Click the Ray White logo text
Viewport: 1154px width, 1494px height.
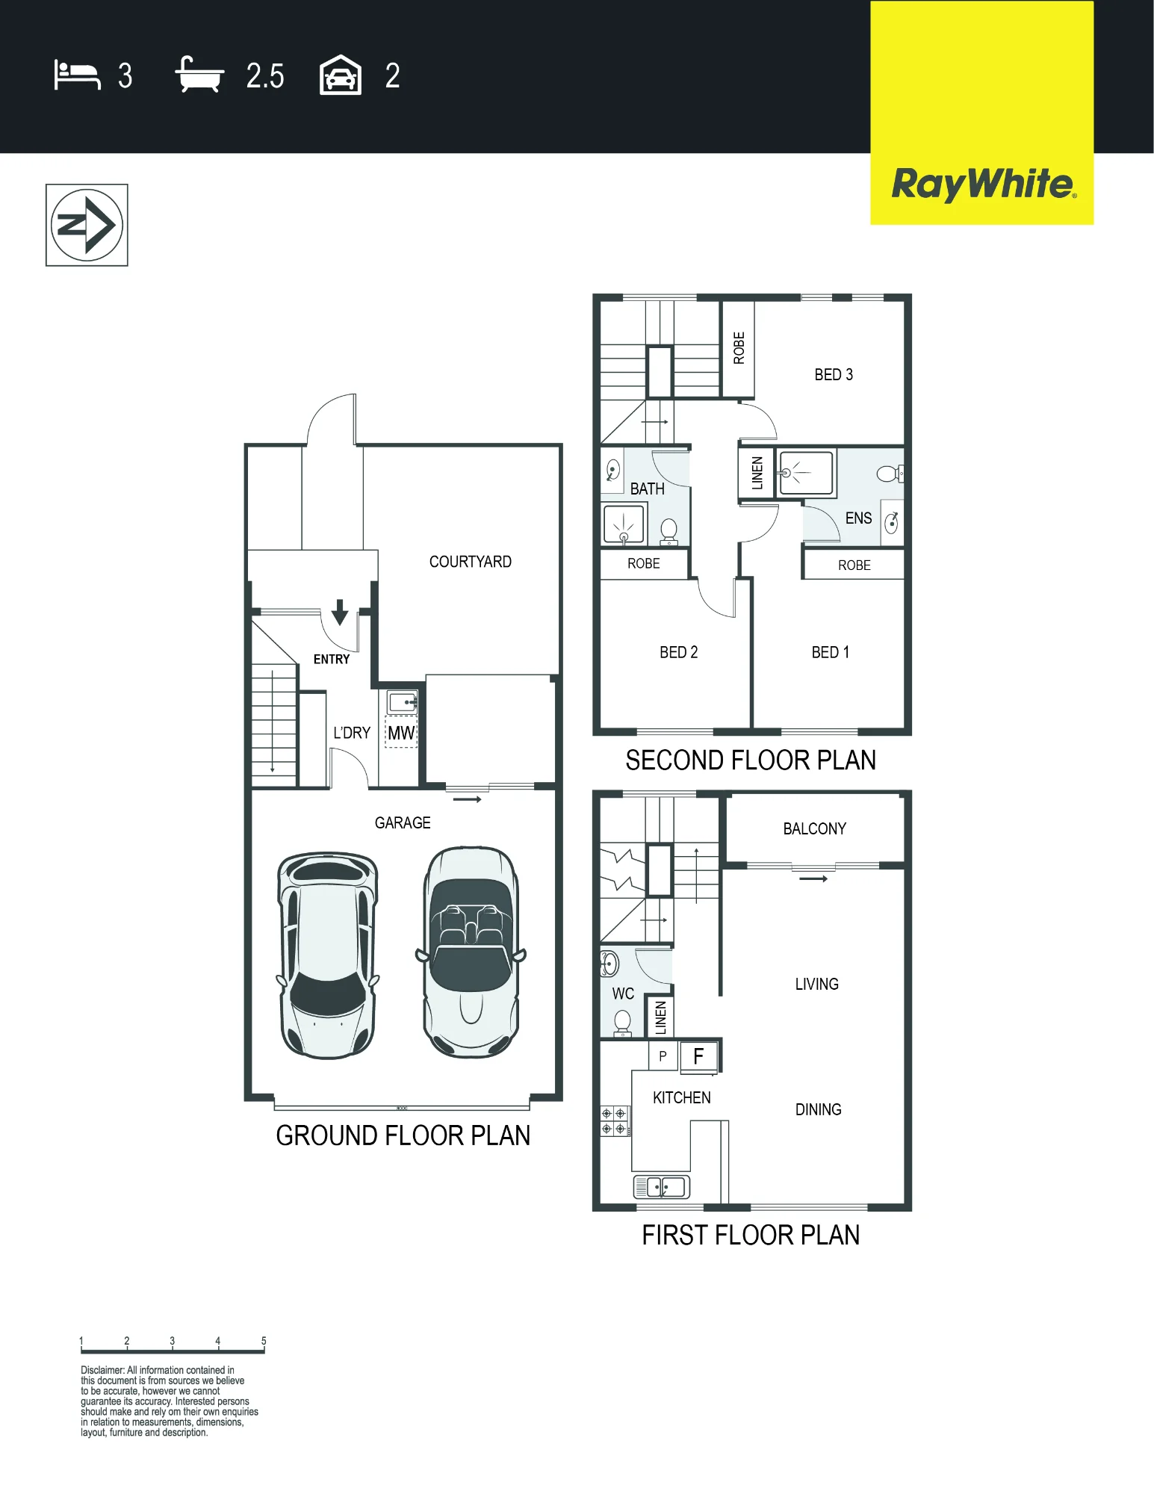pos(984,185)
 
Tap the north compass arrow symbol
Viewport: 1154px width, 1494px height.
pos(87,225)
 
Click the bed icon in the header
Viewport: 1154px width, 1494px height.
pos(77,75)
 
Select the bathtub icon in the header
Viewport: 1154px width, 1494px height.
pos(199,75)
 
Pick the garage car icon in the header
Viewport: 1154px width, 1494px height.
pos(341,75)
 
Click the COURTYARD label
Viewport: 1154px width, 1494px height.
pos(471,562)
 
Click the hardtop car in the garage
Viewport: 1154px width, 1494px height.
pos(328,955)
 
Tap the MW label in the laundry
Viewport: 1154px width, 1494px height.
pos(401,733)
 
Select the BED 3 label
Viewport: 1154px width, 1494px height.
pos(834,374)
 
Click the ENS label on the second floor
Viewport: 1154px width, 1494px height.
pos(858,518)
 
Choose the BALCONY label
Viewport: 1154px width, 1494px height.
pos(815,828)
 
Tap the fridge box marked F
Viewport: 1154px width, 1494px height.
pos(699,1056)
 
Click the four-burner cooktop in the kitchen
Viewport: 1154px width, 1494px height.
pos(614,1121)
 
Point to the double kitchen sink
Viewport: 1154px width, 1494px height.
pos(662,1186)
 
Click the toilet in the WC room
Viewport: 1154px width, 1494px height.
pos(622,1023)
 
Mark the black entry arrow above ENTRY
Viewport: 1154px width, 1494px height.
pos(340,612)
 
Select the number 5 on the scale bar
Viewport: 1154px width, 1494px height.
pos(264,1341)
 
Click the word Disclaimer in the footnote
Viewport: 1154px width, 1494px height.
pos(102,1370)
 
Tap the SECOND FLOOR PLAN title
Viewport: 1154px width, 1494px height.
pos(751,760)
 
